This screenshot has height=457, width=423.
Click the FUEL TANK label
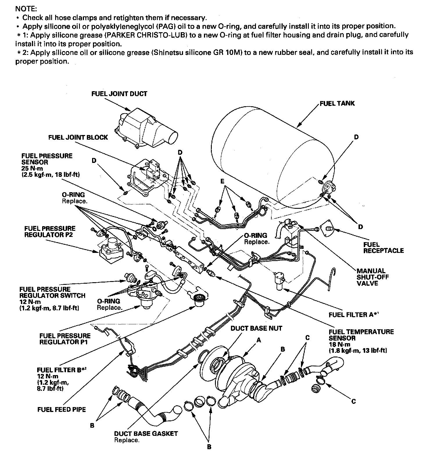pyautogui.click(x=337, y=103)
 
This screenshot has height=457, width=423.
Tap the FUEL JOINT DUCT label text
pyautogui.click(x=119, y=94)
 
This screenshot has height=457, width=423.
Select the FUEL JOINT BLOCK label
pyautogui.click(x=78, y=137)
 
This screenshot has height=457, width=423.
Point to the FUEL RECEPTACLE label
pyautogui.click(x=383, y=247)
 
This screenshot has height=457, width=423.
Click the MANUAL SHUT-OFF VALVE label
pyautogui.click(x=373, y=277)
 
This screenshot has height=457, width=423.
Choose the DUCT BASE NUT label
pyautogui.click(x=256, y=328)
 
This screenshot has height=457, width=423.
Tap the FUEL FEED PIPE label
pyautogui.click(x=62, y=409)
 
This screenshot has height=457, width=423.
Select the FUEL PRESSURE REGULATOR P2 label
pyautogui.click(x=50, y=231)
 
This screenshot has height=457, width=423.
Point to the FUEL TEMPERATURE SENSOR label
pyautogui.click(x=361, y=335)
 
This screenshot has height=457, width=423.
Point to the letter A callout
pyautogui.click(x=259, y=340)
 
